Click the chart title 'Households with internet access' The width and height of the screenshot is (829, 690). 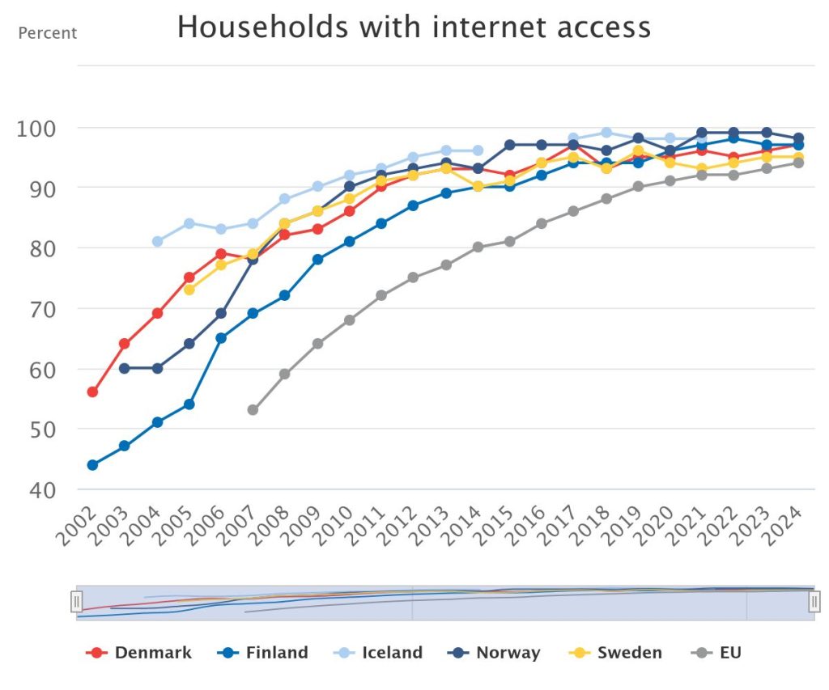pyautogui.click(x=414, y=28)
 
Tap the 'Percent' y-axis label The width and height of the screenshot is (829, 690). pyautogui.click(x=48, y=33)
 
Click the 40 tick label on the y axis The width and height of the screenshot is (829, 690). pyautogui.click(x=40, y=489)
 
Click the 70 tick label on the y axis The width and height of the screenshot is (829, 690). pyautogui.click(x=40, y=309)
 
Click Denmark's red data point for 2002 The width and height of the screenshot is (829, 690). pyautogui.click(x=92, y=392)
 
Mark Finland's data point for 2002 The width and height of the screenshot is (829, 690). pyautogui.click(x=92, y=464)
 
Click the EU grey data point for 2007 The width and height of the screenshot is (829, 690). pyautogui.click(x=253, y=410)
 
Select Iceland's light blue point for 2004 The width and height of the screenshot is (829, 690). pyautogui.click(x=157, y=241)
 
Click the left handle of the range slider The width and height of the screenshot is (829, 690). pyautogui.click(x=77, y=602)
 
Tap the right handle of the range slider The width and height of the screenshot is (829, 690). pyautogui.click(x=814, y=602)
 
